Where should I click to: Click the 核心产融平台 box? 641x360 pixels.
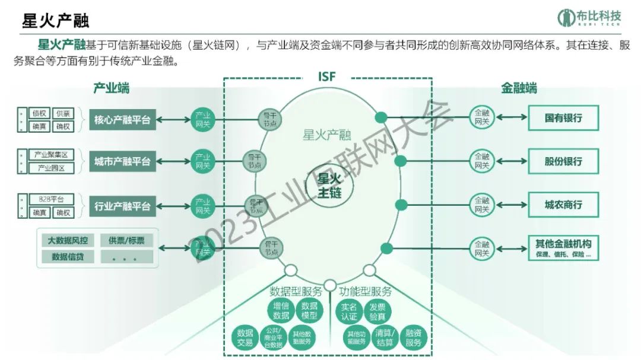coord(122,120)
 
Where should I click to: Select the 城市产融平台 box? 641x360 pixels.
coord(122,161)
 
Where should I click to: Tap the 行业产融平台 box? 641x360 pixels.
coord(122,207)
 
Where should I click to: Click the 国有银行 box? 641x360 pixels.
coord(563,118)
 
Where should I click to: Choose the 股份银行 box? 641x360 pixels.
coord(563,161)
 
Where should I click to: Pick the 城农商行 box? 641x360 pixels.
coord(563,205)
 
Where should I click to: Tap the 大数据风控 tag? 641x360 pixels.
coord(68,241)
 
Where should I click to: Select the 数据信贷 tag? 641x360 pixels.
coord(68,257)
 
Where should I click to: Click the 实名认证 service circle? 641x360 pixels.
coord(349,311)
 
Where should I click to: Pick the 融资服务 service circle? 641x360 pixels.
coord(413,338)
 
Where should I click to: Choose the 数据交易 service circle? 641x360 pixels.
coord(245,337)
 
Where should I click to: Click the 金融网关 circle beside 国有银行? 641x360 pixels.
coord(481,117)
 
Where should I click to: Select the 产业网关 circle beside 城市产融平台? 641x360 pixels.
coord(202,161)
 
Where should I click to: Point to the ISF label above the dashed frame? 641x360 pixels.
coord(327,77)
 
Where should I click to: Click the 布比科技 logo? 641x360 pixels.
coord(589,18)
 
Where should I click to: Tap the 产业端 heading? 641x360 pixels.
coord(111,88)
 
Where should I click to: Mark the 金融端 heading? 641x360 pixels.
coord(519,88)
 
